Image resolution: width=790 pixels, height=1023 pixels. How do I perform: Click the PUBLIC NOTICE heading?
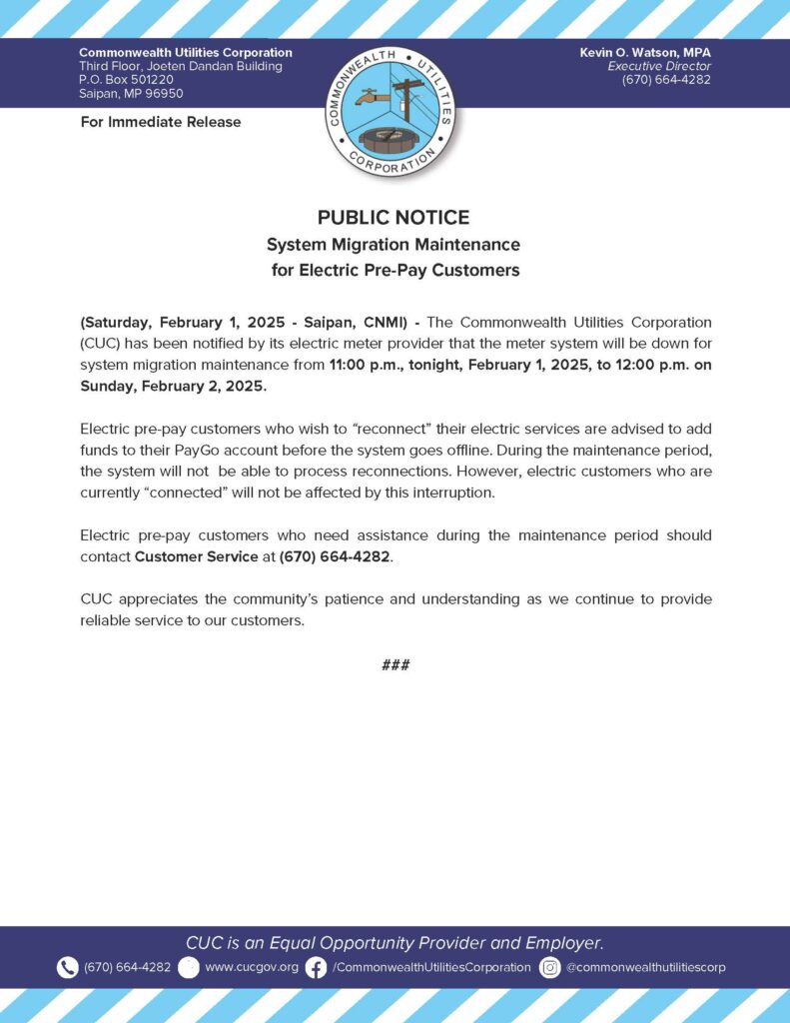[394, 218]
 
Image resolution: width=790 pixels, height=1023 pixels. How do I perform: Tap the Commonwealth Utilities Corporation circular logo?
[394, 109]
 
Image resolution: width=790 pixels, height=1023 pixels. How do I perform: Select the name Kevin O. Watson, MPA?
[645, 52]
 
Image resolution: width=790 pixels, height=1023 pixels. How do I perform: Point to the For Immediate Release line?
[160, 122]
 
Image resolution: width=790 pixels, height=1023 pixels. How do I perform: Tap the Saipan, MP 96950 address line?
[131, 94]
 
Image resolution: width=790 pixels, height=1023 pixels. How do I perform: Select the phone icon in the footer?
[67, 967]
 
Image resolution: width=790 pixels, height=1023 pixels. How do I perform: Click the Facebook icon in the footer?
[316, 967]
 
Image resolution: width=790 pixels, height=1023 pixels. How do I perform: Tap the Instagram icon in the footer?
[549, 967]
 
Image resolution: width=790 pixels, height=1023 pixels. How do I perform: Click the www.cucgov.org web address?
[252, 967]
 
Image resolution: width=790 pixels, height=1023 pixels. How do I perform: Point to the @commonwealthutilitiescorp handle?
[645, 967]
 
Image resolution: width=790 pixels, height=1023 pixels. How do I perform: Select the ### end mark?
[395, 665]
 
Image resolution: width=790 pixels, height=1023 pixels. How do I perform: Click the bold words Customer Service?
[196, 556]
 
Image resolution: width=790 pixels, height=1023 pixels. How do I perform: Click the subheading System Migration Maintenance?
[394, 244]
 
